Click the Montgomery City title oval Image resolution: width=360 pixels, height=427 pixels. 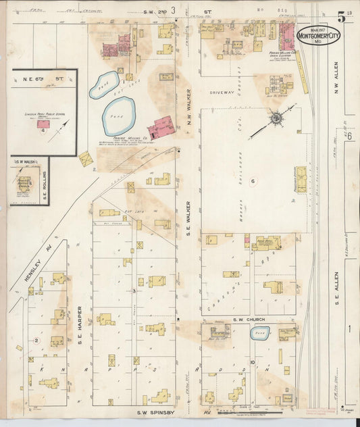[318, 34]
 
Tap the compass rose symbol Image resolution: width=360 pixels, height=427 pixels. [276, 120]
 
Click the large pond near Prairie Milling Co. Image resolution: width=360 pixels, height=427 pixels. [119, 116]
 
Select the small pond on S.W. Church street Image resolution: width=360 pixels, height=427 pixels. [259, 332]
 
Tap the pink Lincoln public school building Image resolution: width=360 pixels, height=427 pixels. [43, 124]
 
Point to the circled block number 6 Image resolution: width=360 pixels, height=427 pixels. [252, 181]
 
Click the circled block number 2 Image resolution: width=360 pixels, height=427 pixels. [36, 340]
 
